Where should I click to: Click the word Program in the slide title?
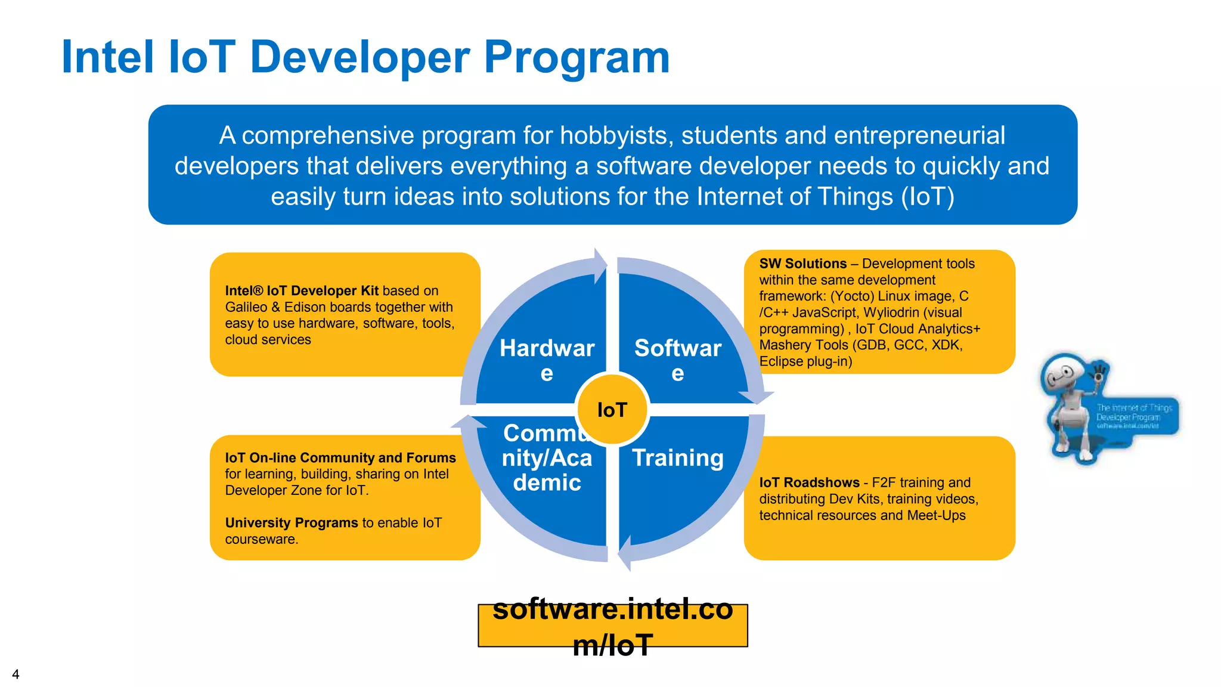(x=577, y=58)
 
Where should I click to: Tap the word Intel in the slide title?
(x=108, y=58)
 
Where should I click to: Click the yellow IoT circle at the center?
(x=612, y=410)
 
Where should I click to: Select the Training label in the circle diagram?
(x=678, y=458)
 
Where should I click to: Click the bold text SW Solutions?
(x=802, y=264)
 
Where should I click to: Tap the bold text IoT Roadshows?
(x=809, y=482)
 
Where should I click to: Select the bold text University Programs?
(x=291, y=523)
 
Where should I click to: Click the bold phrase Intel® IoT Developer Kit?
(x=302, y=290)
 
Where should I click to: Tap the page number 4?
(x=16, y=674)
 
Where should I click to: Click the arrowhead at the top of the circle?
(x=600, y=265)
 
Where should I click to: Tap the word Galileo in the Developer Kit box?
(x=246, y=307)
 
